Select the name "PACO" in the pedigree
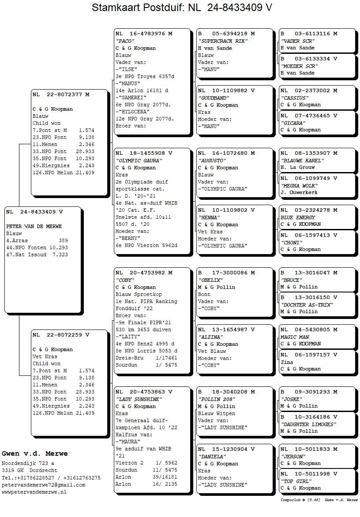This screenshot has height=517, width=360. [125, 41]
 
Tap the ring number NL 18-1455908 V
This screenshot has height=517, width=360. [144, 153]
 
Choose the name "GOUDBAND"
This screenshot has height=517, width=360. [214, 98]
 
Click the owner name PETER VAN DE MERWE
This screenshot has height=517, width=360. [34, 226]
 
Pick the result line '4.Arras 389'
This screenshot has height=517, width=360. [37, 240]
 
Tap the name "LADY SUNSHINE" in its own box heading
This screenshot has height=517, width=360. [139, 399]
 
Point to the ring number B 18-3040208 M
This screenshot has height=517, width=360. [226, 392]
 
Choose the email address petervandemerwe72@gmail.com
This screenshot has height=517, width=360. [43, 485]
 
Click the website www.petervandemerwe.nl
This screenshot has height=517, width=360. [34, 492]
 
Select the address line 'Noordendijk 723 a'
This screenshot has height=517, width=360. [28, 463]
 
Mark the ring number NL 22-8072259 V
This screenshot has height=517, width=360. [61, 335]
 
